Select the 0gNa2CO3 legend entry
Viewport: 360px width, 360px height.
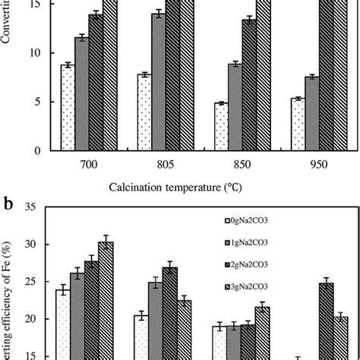click(258, 221)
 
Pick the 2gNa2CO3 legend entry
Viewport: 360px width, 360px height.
click(258, 262)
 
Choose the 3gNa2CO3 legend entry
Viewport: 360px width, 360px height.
click(258, 284)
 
